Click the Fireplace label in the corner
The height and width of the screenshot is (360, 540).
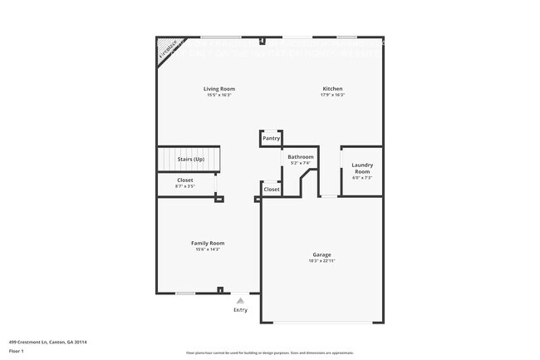(169, 49)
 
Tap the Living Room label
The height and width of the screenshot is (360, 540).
(219, 89)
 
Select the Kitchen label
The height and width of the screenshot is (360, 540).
(332, 89)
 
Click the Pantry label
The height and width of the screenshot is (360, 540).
(271, 138)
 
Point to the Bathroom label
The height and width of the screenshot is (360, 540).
(300, 156)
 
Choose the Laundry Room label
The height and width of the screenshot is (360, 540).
(361, 167)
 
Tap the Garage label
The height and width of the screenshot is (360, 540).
(322, 254)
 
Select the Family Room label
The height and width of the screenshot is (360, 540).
(208, 243)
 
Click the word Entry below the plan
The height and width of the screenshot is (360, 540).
(240, 309)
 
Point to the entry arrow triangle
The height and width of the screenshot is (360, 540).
(240, 300)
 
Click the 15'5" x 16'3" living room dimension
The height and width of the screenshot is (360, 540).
(219, 95)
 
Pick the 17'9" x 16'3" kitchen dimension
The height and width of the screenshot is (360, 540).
(332, 95)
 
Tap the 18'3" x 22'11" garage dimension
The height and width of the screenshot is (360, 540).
(322, 261)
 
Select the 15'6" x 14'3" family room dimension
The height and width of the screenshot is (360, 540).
(208, 249)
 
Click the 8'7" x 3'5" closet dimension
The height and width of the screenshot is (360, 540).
(184, 186)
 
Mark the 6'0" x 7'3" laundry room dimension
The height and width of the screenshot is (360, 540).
(361, 177)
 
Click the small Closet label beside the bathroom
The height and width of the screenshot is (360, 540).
(272, 190)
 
